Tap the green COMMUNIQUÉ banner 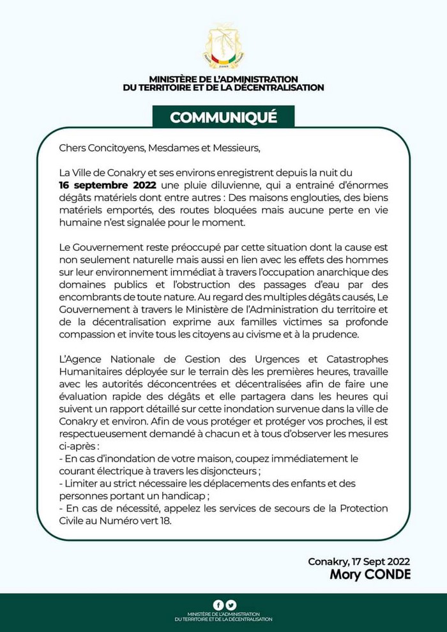pos(223,117)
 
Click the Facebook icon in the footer pos(218,605)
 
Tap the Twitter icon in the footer pos(231,605)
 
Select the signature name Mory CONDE pos(370,575)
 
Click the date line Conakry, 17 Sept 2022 pos(359,562)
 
